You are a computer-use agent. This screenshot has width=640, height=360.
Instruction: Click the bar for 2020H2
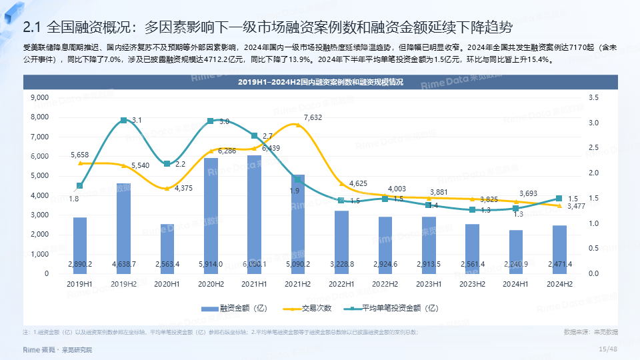tap(211, 213)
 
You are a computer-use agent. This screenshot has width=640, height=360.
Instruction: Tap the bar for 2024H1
tap(516, 250)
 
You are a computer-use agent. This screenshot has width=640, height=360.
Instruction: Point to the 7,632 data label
tap(313, 118)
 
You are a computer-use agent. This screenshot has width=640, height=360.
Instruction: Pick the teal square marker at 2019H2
tap(123, 120)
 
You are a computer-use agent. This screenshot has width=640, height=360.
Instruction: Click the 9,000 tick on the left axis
tap(40, 98)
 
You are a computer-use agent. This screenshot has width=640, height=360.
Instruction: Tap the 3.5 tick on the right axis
tap(594, 98)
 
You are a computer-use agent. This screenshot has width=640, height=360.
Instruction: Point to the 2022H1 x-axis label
tap(341, 284)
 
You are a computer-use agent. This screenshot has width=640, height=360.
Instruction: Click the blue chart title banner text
tap(321, 83)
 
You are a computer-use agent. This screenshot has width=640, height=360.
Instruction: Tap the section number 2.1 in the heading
tap(33, 27)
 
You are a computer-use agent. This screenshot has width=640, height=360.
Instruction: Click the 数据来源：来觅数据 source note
tap(590, 331)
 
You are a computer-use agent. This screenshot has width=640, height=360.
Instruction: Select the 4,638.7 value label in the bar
tap(123, 265)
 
